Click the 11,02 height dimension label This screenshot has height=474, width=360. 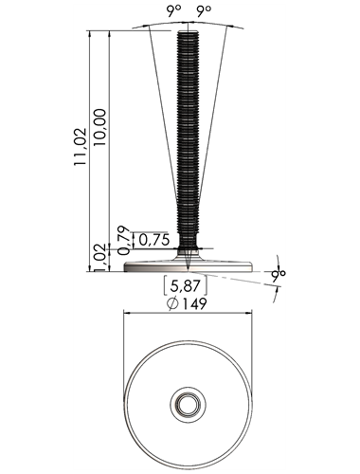tap(80, 147)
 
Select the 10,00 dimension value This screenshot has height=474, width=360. tap(99, 127)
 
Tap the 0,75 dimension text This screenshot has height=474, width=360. tap(154, 240)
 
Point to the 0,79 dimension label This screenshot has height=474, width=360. tap(123, 240)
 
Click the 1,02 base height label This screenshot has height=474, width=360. tap(100, 257)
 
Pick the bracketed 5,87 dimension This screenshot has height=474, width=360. tap(186, 286)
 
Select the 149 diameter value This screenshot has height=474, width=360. tap(194, 303)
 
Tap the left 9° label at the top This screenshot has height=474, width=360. tap(174, 12)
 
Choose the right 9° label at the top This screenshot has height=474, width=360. tap(204, 12)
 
